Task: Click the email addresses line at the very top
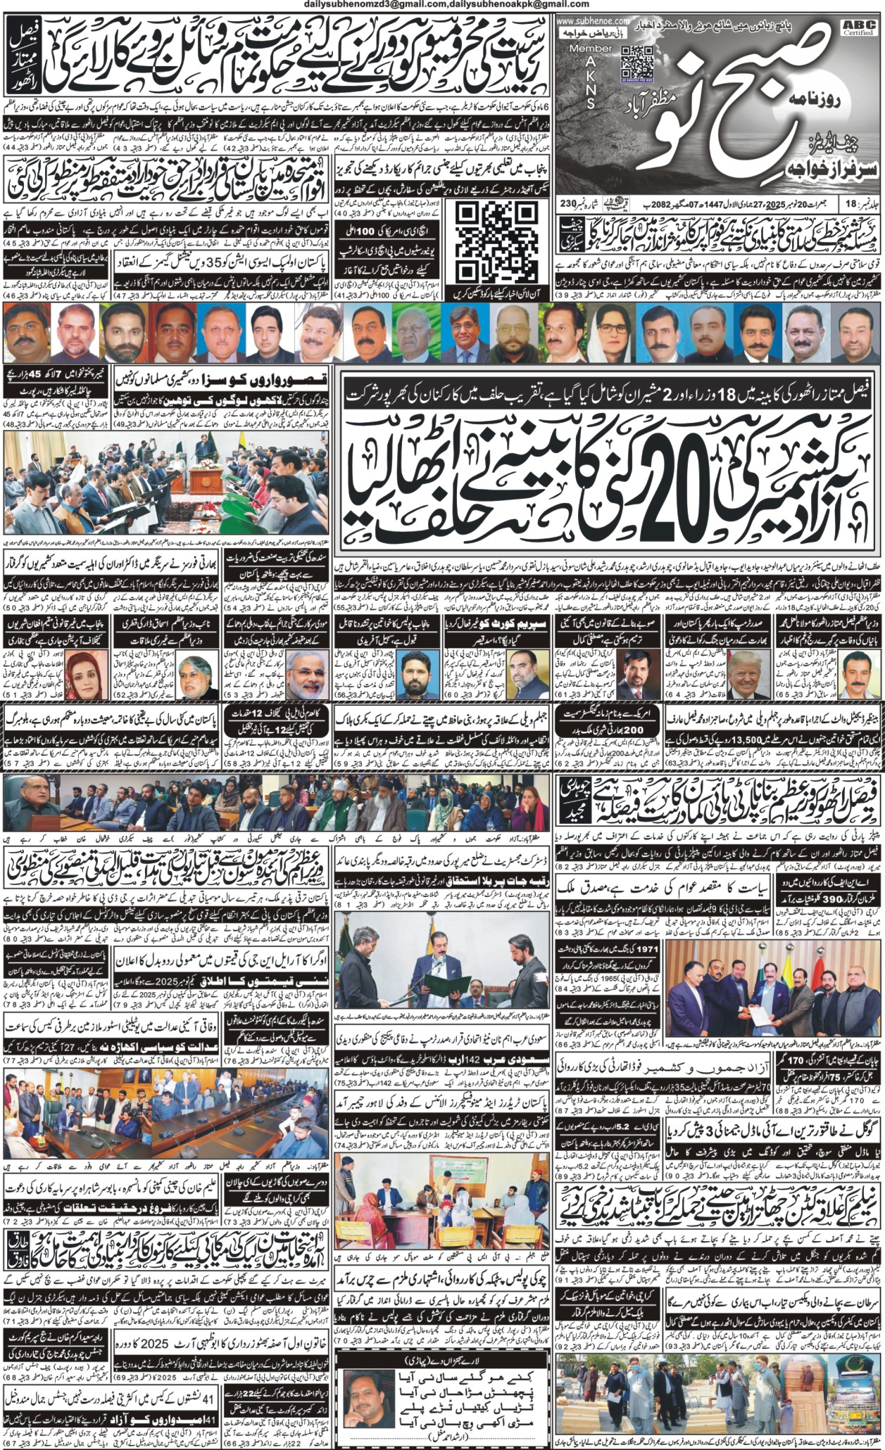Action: pyautogui.click(x=442, y=5)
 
